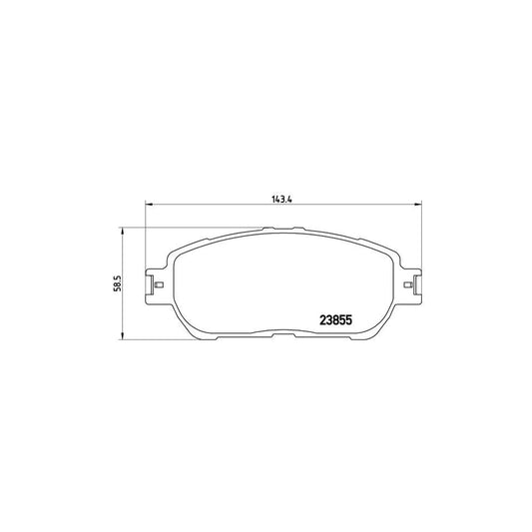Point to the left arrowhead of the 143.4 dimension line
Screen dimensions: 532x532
coord(149,206)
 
